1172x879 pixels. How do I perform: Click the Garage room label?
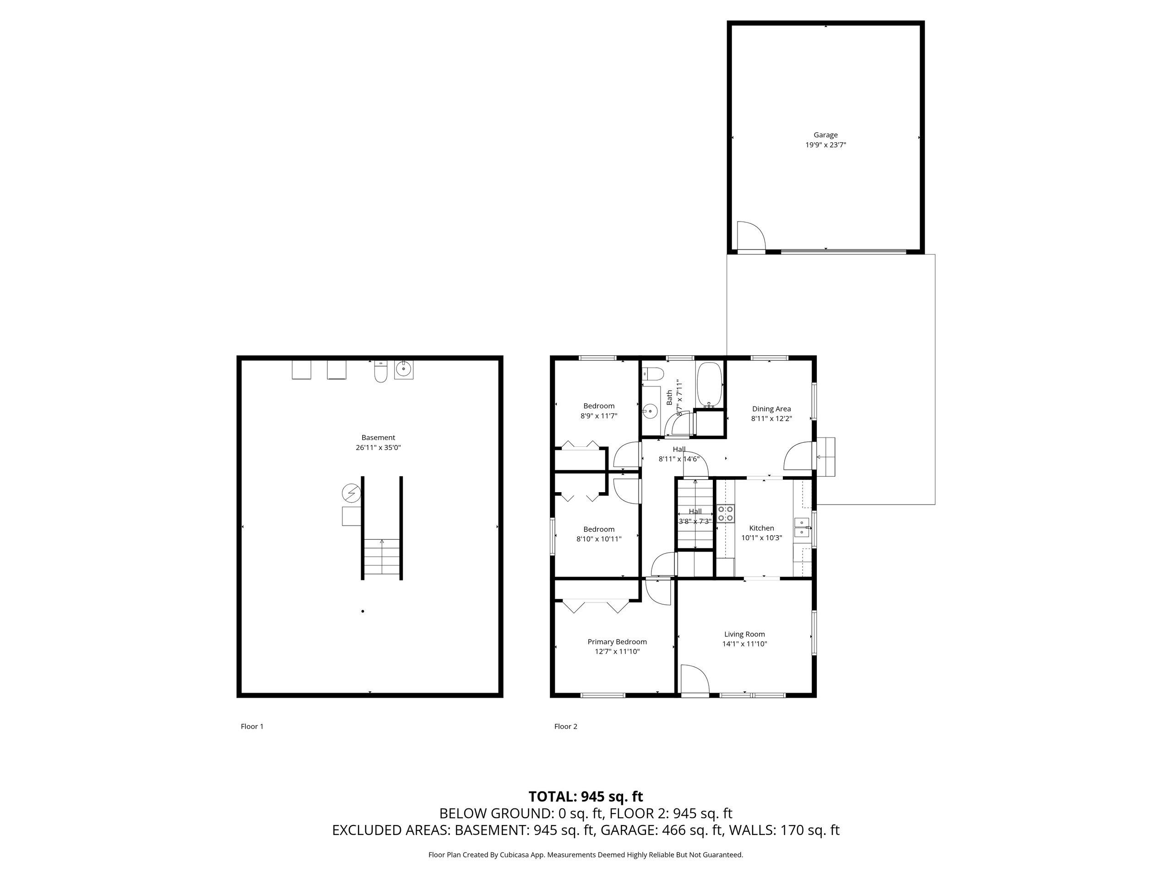click(x=825, y=135)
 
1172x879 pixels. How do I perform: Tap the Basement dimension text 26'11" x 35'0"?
click(x=378, y=448)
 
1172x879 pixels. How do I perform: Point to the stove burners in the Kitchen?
click(x=725, y=513)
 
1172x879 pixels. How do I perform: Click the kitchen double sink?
click(x=802, y=528)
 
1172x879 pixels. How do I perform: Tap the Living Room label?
click(x=744, y=634)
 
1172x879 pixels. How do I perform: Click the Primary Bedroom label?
click(x=617, y=642)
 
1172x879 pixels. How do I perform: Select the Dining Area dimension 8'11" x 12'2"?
click(x=771, y=418)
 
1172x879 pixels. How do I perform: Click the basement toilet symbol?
click(x=380, y=371)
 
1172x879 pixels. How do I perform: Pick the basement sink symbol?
click(x=404, y=369)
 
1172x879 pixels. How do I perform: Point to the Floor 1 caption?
click(x=252, y=727)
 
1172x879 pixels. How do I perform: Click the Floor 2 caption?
click(x=565, y=727)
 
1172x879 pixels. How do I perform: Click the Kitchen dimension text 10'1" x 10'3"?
click(x=761, y=538)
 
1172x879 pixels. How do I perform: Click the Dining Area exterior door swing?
click(x=798, y=456)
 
